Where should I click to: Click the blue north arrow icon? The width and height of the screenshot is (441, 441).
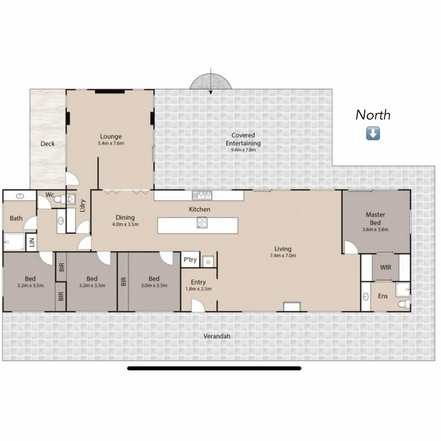point(373,134)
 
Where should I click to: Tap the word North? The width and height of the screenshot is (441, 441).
point(373,115)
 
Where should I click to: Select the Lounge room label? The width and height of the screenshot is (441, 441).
point(111,136)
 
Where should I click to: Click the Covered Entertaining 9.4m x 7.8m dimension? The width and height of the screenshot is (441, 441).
point(243,150)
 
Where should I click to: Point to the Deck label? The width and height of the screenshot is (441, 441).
point(47,144)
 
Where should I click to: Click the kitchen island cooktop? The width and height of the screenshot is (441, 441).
point(202,223)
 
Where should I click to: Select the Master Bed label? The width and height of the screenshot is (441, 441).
point(375,218)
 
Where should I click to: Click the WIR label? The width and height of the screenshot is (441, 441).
point(386,267)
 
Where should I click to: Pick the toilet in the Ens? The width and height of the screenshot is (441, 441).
point(404,304)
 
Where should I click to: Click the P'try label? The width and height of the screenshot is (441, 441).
point(190,260)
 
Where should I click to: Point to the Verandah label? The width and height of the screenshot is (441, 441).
point(217,336)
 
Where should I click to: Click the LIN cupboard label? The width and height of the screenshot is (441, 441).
point(32,242)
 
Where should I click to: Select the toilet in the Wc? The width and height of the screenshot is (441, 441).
point(58,200)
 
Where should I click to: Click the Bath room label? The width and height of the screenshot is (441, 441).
point(16,218)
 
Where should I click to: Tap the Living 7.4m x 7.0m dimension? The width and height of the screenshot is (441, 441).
point(283,256)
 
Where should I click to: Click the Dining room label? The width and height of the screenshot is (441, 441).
point(125,217)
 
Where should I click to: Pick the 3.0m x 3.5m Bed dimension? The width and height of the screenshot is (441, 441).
point(154,286)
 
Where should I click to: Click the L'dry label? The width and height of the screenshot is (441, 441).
point(83,206)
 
